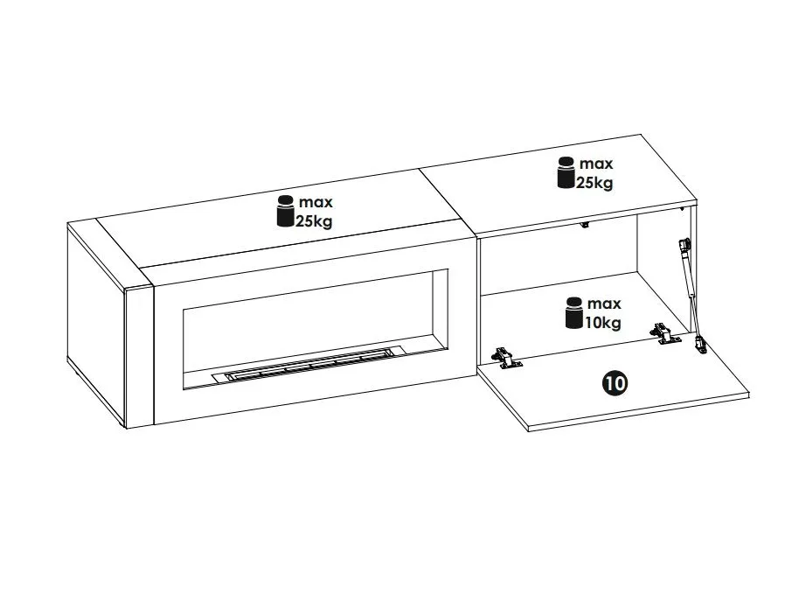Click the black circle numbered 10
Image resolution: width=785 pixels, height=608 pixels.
point(615,384)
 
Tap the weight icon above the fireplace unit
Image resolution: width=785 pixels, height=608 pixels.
point(286,211)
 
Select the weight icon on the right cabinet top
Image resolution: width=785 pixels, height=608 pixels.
point(566,172)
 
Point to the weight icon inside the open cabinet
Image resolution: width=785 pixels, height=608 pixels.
point(574,313)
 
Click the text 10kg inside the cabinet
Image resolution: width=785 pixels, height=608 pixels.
point(603,322)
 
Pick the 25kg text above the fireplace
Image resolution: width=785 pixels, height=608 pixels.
point(314,220)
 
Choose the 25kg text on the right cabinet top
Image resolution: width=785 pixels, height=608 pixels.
point(594,183)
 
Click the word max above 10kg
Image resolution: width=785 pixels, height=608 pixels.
point(604,304)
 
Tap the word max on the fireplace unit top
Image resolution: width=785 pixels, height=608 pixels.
point(316,202)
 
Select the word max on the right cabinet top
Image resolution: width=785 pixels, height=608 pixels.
point(596,164)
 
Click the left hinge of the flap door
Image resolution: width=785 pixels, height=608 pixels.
point(507,358)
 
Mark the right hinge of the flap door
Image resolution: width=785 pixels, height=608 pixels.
point(664,333)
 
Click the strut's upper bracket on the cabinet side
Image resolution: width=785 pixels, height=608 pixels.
point(684,245)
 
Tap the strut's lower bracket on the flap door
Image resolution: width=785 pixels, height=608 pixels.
point(699,344)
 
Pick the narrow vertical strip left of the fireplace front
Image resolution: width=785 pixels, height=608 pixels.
point(140,358)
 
